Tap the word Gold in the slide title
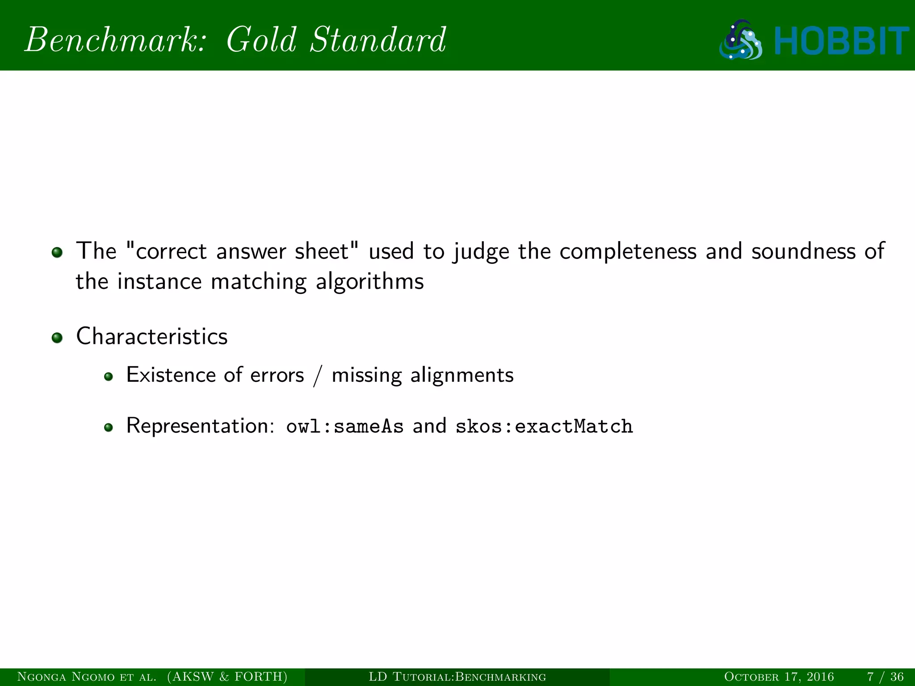tap(261, 40)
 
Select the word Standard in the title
tap(378, 40)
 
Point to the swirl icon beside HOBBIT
tap(741, 40)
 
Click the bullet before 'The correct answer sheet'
tap(57, 253)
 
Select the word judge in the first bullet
tap(481, 252)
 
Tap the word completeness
tap(628, 252)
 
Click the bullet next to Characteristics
tap(57, 338)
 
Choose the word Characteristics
tap(152, 336)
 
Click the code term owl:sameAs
tap(344, 427)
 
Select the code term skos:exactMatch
tap(544, 427)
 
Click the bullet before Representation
tap(108, 428)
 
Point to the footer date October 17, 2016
tap(779, 677)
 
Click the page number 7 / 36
tap(885, 677)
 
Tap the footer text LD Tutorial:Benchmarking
tap(457, 677)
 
